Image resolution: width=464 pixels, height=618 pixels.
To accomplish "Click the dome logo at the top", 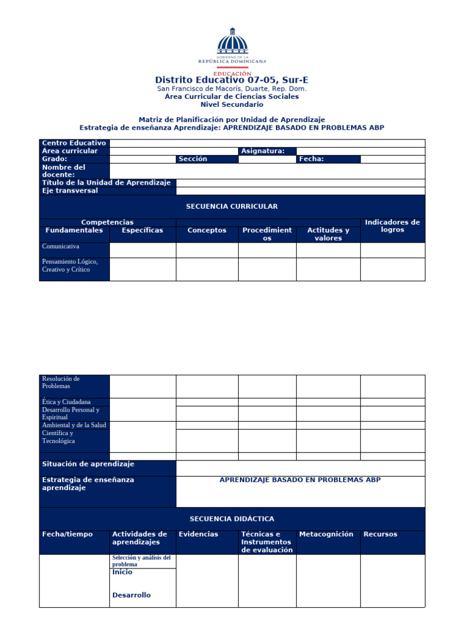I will click(x=232, y=43).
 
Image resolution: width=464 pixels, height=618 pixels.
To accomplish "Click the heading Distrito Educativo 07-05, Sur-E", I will click(x=231, y=80).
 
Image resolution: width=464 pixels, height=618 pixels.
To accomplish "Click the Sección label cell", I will click(x=193, y=159).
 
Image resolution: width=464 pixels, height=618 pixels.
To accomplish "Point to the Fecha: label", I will click(x=312, y=159).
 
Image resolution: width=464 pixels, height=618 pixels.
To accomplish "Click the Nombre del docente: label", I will click(x=64, y=171).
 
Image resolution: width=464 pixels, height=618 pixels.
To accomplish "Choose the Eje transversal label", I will click(x=70, y=191).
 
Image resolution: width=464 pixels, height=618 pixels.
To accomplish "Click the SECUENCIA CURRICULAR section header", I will click(x=232, y=206).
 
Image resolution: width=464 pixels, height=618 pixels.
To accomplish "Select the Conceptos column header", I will click(x=207, y=230).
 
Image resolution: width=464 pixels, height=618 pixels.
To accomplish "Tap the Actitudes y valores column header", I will click(x=328, y=234).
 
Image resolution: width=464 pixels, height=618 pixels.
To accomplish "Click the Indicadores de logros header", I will click(x=393, y=226).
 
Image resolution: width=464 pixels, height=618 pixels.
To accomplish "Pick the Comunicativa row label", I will click(x=60, y=246).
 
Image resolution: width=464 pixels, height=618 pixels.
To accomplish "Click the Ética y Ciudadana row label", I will click(x=66, y=401).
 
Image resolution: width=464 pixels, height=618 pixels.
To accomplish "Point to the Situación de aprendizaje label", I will click(x=88, y=464).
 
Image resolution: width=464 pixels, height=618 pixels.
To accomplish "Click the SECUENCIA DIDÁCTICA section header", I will click(x=232, y=518).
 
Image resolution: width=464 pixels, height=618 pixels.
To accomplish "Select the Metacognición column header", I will click(x=326, y=534).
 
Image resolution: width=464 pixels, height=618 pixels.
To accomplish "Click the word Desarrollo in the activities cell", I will click(x=132, y=595).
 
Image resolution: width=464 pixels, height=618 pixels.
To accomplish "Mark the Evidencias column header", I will click(x=199, y=534).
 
